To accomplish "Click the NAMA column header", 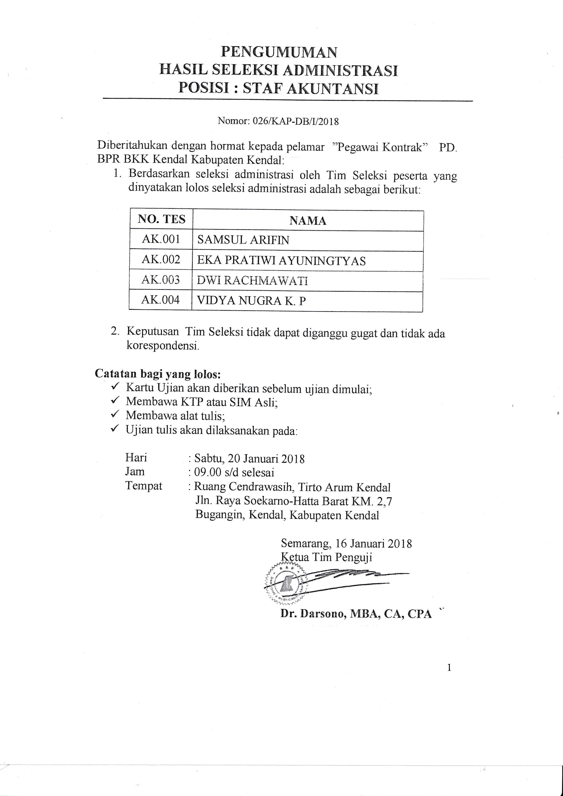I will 308,221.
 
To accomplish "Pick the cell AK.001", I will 161,239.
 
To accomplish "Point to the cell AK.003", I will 161,280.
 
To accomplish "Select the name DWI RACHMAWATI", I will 252,281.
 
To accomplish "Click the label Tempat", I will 143,486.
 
